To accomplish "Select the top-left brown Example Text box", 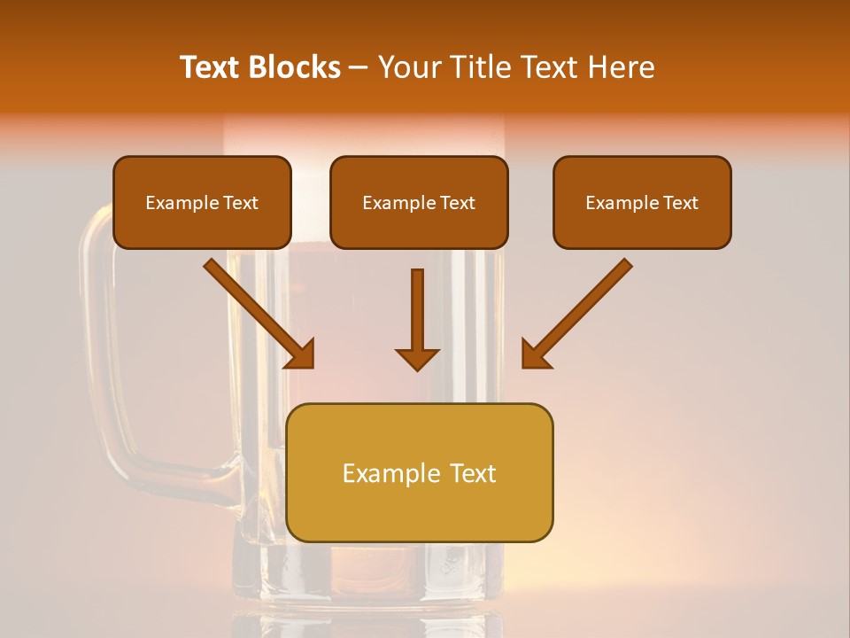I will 202,203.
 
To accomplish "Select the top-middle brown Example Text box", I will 419,203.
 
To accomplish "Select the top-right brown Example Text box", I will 642,203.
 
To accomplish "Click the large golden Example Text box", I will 420,473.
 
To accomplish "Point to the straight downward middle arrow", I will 417,310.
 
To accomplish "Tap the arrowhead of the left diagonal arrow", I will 301,354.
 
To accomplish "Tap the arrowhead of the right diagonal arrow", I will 535,354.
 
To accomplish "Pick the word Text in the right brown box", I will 680,203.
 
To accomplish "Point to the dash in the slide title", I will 359,67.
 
